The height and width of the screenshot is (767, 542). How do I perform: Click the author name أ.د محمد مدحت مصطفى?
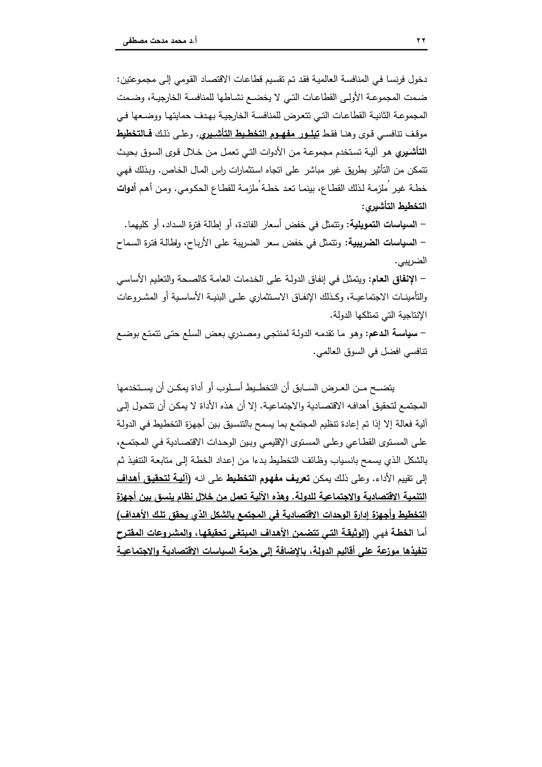click(160, 42)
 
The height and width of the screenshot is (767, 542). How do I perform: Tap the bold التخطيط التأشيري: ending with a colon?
click(394, 206)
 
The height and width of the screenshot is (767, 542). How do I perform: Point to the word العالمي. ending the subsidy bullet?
click(326, 352)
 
